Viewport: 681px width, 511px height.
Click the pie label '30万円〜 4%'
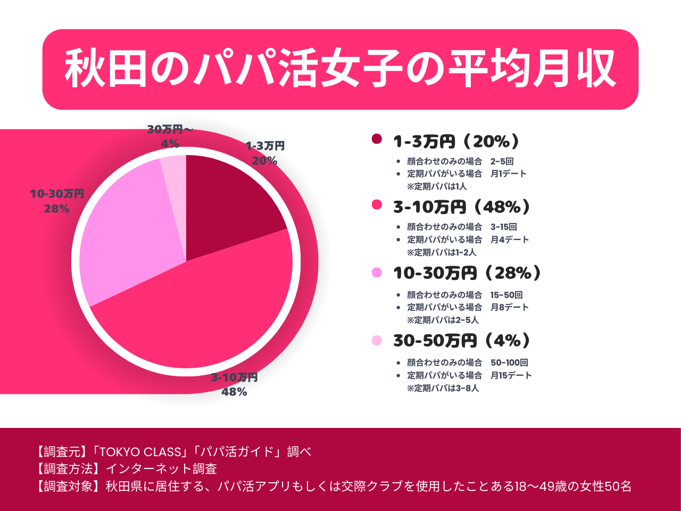pos(170,136)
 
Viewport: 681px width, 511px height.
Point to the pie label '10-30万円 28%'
pos(57,201)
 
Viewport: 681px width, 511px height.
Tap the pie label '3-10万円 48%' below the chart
pos(234,384)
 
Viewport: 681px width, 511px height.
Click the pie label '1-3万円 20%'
pos(265,153)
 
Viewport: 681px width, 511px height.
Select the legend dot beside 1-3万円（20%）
pos(377,139)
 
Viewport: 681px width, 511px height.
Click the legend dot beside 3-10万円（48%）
pos(377,205)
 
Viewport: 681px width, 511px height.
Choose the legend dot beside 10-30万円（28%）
pos(377,273)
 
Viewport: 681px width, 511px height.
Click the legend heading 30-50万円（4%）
pos(462,341)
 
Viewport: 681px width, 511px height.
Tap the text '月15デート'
pos(511,375)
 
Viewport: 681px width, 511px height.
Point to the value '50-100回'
pos(509,362)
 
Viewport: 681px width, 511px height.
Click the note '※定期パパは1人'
pos(437,186)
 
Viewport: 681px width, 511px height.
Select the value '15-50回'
pos(506,295)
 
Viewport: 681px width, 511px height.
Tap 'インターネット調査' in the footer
pos(161,469)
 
